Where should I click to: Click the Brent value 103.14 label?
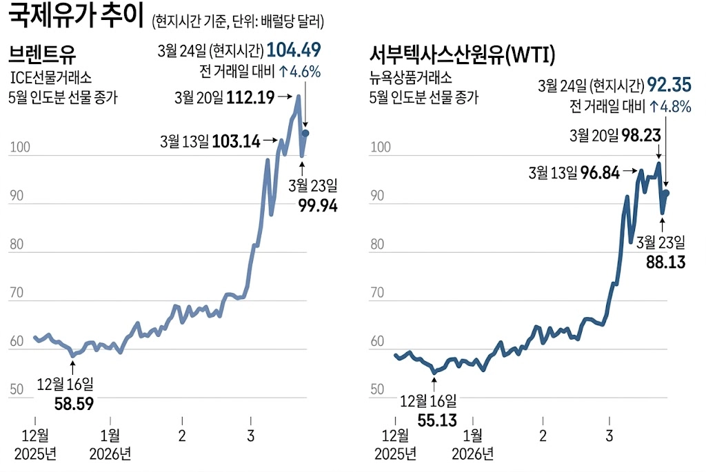(x=236, y=142)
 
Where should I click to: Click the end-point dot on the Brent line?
(x=305, y=133)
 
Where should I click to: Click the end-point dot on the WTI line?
(x=667, y=194)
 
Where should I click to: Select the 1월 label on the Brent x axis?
(x=110, y=435)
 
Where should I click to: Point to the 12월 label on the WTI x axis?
(x=395, y=435)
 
